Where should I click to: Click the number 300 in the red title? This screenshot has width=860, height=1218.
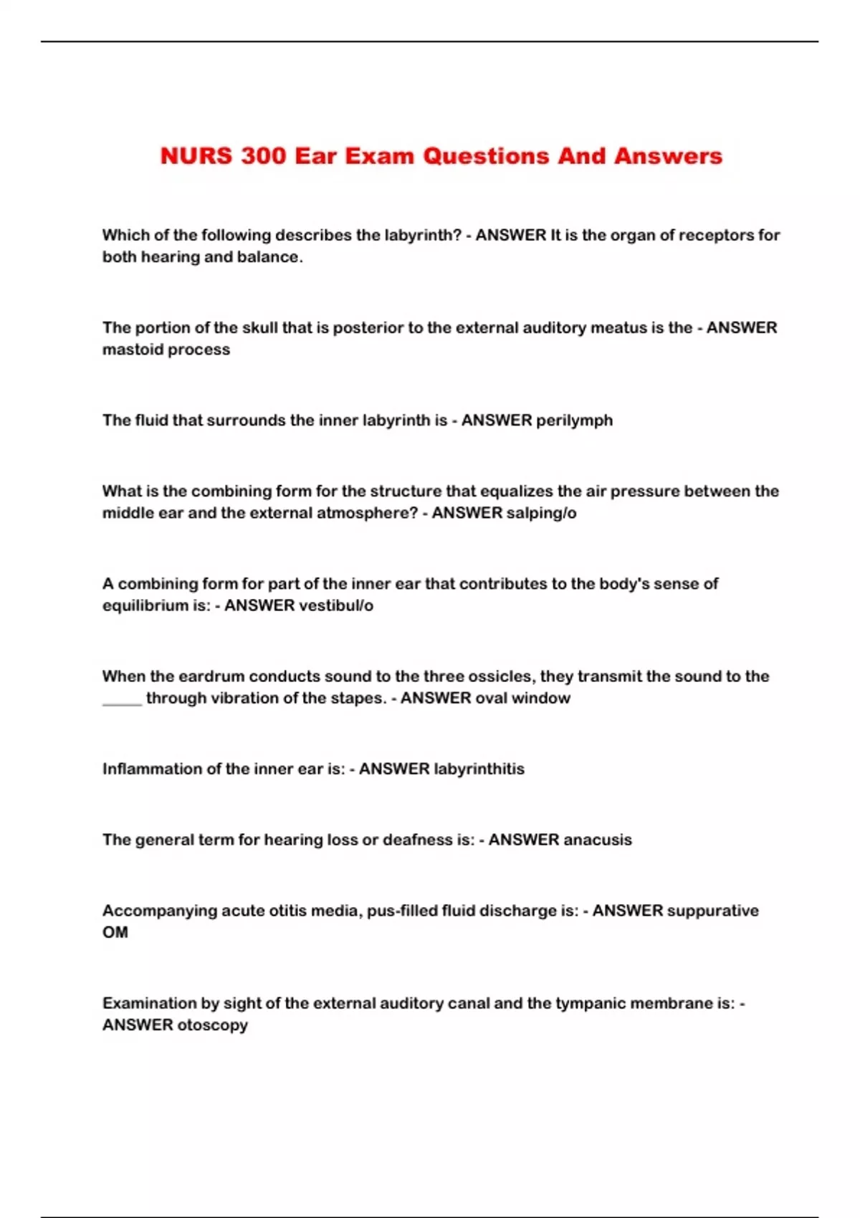point(264,155)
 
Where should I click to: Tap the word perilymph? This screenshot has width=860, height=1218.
point(574,421)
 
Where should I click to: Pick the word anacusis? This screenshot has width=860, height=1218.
point(596,840)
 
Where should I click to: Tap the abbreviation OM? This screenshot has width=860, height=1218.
point(115,932)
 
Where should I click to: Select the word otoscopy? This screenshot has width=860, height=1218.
point(212,1025)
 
